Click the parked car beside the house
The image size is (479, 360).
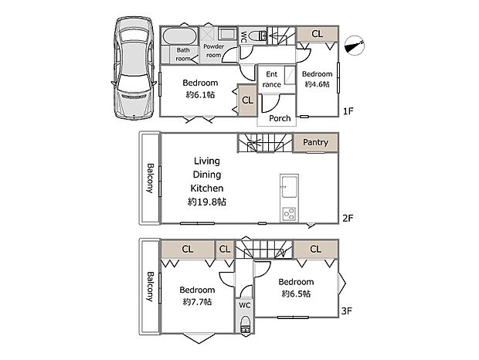[x=134, y=68]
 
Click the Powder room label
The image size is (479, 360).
[x=213, y=51]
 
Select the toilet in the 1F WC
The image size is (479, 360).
[x=257, y=36]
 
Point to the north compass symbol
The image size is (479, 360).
[x=355, y=46]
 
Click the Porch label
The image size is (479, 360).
[x=280, y=118]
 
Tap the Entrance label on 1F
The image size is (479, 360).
[x=272, y=79]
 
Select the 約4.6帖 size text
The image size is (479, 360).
[x=317, y=84]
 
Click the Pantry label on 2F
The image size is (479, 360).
[x=315, y=142]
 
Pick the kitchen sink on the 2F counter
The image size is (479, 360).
[x=289, y=187]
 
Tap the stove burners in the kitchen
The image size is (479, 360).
[x=289, y=213]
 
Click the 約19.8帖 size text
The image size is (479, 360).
[x=207, y=202]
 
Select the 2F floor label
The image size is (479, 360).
[x=348, y=218]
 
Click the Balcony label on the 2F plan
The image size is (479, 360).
[x=151, y=178]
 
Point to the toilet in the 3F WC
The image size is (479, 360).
[x=245, y=324]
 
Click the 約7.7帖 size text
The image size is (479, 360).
[x=197, y=302]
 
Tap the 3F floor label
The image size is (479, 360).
[x=347, y=311]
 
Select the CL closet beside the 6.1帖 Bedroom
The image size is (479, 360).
[x=247, y=100]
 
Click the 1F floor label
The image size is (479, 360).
[x=348, y=111]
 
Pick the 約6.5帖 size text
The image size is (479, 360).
[x=297, y=294]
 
